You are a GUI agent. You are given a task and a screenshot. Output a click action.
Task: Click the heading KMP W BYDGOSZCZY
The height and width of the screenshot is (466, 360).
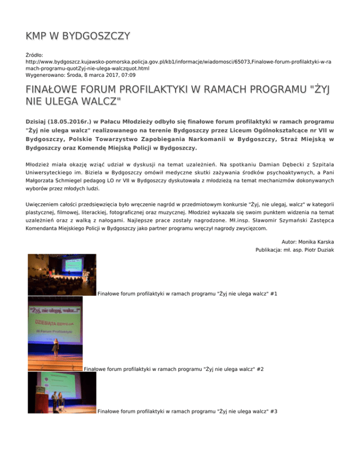click(x=78, y=36)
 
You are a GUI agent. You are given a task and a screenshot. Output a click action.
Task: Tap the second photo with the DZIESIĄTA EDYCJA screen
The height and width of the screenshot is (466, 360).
click(x=55, y=334)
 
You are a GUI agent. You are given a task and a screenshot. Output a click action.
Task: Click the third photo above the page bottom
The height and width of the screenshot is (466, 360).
click(x=61, y=393)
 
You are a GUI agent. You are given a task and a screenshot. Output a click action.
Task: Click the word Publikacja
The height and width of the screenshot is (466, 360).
click(x=272, y=250)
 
